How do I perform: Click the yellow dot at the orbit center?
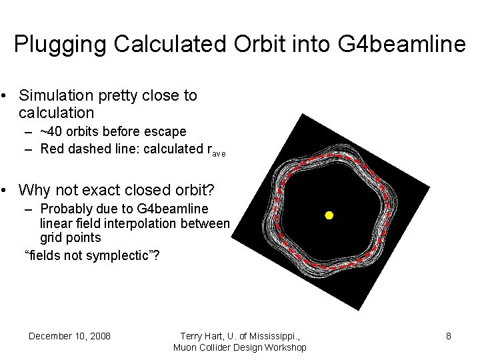328,215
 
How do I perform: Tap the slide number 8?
449,336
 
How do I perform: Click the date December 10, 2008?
69,335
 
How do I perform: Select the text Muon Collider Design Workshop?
240,347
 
